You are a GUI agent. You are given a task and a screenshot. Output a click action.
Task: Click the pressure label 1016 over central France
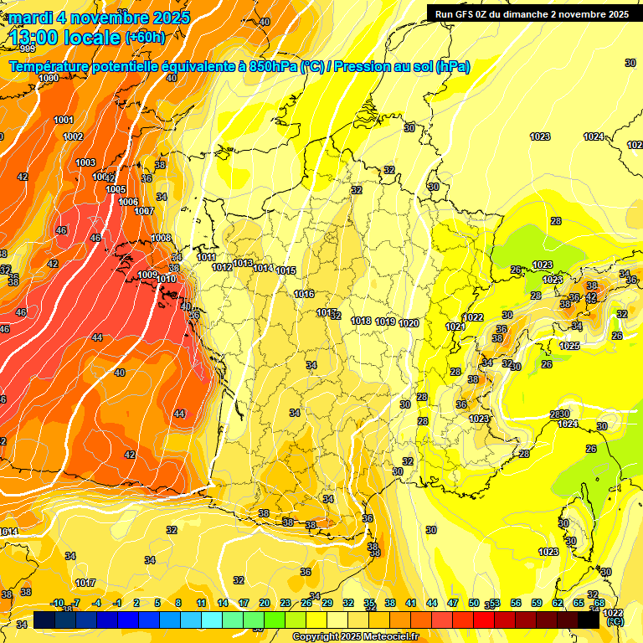point(304,294)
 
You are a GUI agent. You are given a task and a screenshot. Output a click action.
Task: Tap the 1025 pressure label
point(569,346)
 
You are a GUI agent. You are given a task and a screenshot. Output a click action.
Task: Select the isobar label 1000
point(49,78)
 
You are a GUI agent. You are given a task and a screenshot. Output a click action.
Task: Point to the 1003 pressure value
point(85,162)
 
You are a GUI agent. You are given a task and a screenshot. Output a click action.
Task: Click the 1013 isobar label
point(243,263)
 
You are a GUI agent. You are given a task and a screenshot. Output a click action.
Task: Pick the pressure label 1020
point(409,323)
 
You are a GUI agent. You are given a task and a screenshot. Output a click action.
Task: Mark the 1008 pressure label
point(161,238)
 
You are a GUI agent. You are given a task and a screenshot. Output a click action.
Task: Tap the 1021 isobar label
point(455,327)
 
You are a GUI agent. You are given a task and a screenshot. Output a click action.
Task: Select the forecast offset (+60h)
point(145,37)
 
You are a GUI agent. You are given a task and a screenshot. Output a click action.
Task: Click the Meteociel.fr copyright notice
point(355,637)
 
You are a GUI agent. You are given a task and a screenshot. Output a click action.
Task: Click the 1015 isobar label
point(285,270)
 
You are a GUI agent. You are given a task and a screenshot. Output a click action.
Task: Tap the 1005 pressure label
point(116,189)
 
